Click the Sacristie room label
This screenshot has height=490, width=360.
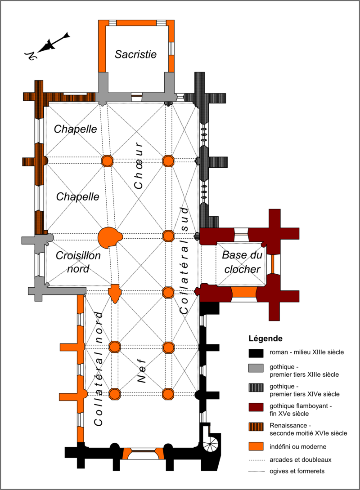point(135,55)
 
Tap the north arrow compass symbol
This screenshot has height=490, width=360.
point(47,45)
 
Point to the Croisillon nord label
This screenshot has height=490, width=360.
point(78,263)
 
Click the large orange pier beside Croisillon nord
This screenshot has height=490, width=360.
point(108,237)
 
